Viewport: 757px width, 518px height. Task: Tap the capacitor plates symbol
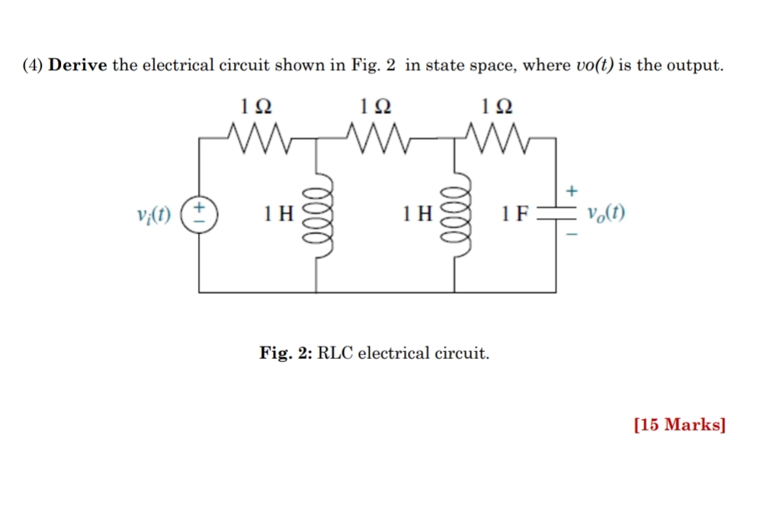point(555,214)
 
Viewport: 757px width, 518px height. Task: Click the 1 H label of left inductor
point(277,214)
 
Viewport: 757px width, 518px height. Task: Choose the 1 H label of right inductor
point(417,214)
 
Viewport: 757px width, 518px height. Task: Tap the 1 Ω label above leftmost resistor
point(253,106)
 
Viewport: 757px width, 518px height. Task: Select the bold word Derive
point(79,66)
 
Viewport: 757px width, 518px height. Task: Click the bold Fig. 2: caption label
point(286,353)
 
